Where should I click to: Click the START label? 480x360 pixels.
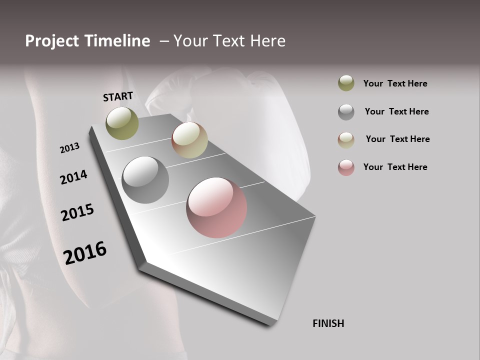118,96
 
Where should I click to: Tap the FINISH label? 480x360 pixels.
328,323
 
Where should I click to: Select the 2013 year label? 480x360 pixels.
70,148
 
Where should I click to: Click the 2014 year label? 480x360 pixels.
74,177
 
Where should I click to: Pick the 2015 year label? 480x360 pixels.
77,212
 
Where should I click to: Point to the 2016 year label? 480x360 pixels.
85,252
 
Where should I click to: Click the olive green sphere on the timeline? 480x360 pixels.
122,123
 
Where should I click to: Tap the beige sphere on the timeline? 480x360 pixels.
189,140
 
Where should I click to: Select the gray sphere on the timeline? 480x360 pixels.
145,180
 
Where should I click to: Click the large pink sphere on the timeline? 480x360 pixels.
216,207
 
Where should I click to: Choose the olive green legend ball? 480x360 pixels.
346,83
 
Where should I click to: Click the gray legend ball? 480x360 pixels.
346,112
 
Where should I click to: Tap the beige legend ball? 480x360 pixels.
346,139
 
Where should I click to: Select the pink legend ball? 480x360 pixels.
346,167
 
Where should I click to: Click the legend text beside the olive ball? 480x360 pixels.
395,83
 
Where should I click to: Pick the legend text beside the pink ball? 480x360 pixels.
395,167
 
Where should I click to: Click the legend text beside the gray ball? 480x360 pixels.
396,111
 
